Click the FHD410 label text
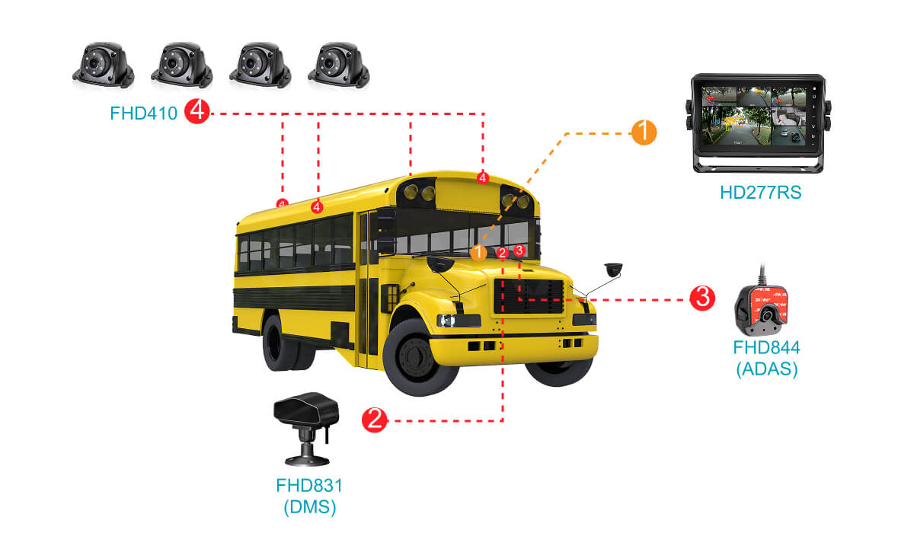[144, 113]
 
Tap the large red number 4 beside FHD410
[197, 113]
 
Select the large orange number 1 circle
[644, 132]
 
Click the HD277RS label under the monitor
[760, 193]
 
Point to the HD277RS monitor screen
[756, 115]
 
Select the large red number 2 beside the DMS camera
[374, 420]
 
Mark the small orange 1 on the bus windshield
[478, 252]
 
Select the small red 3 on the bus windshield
[519, 250]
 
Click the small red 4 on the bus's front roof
[482, 177]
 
